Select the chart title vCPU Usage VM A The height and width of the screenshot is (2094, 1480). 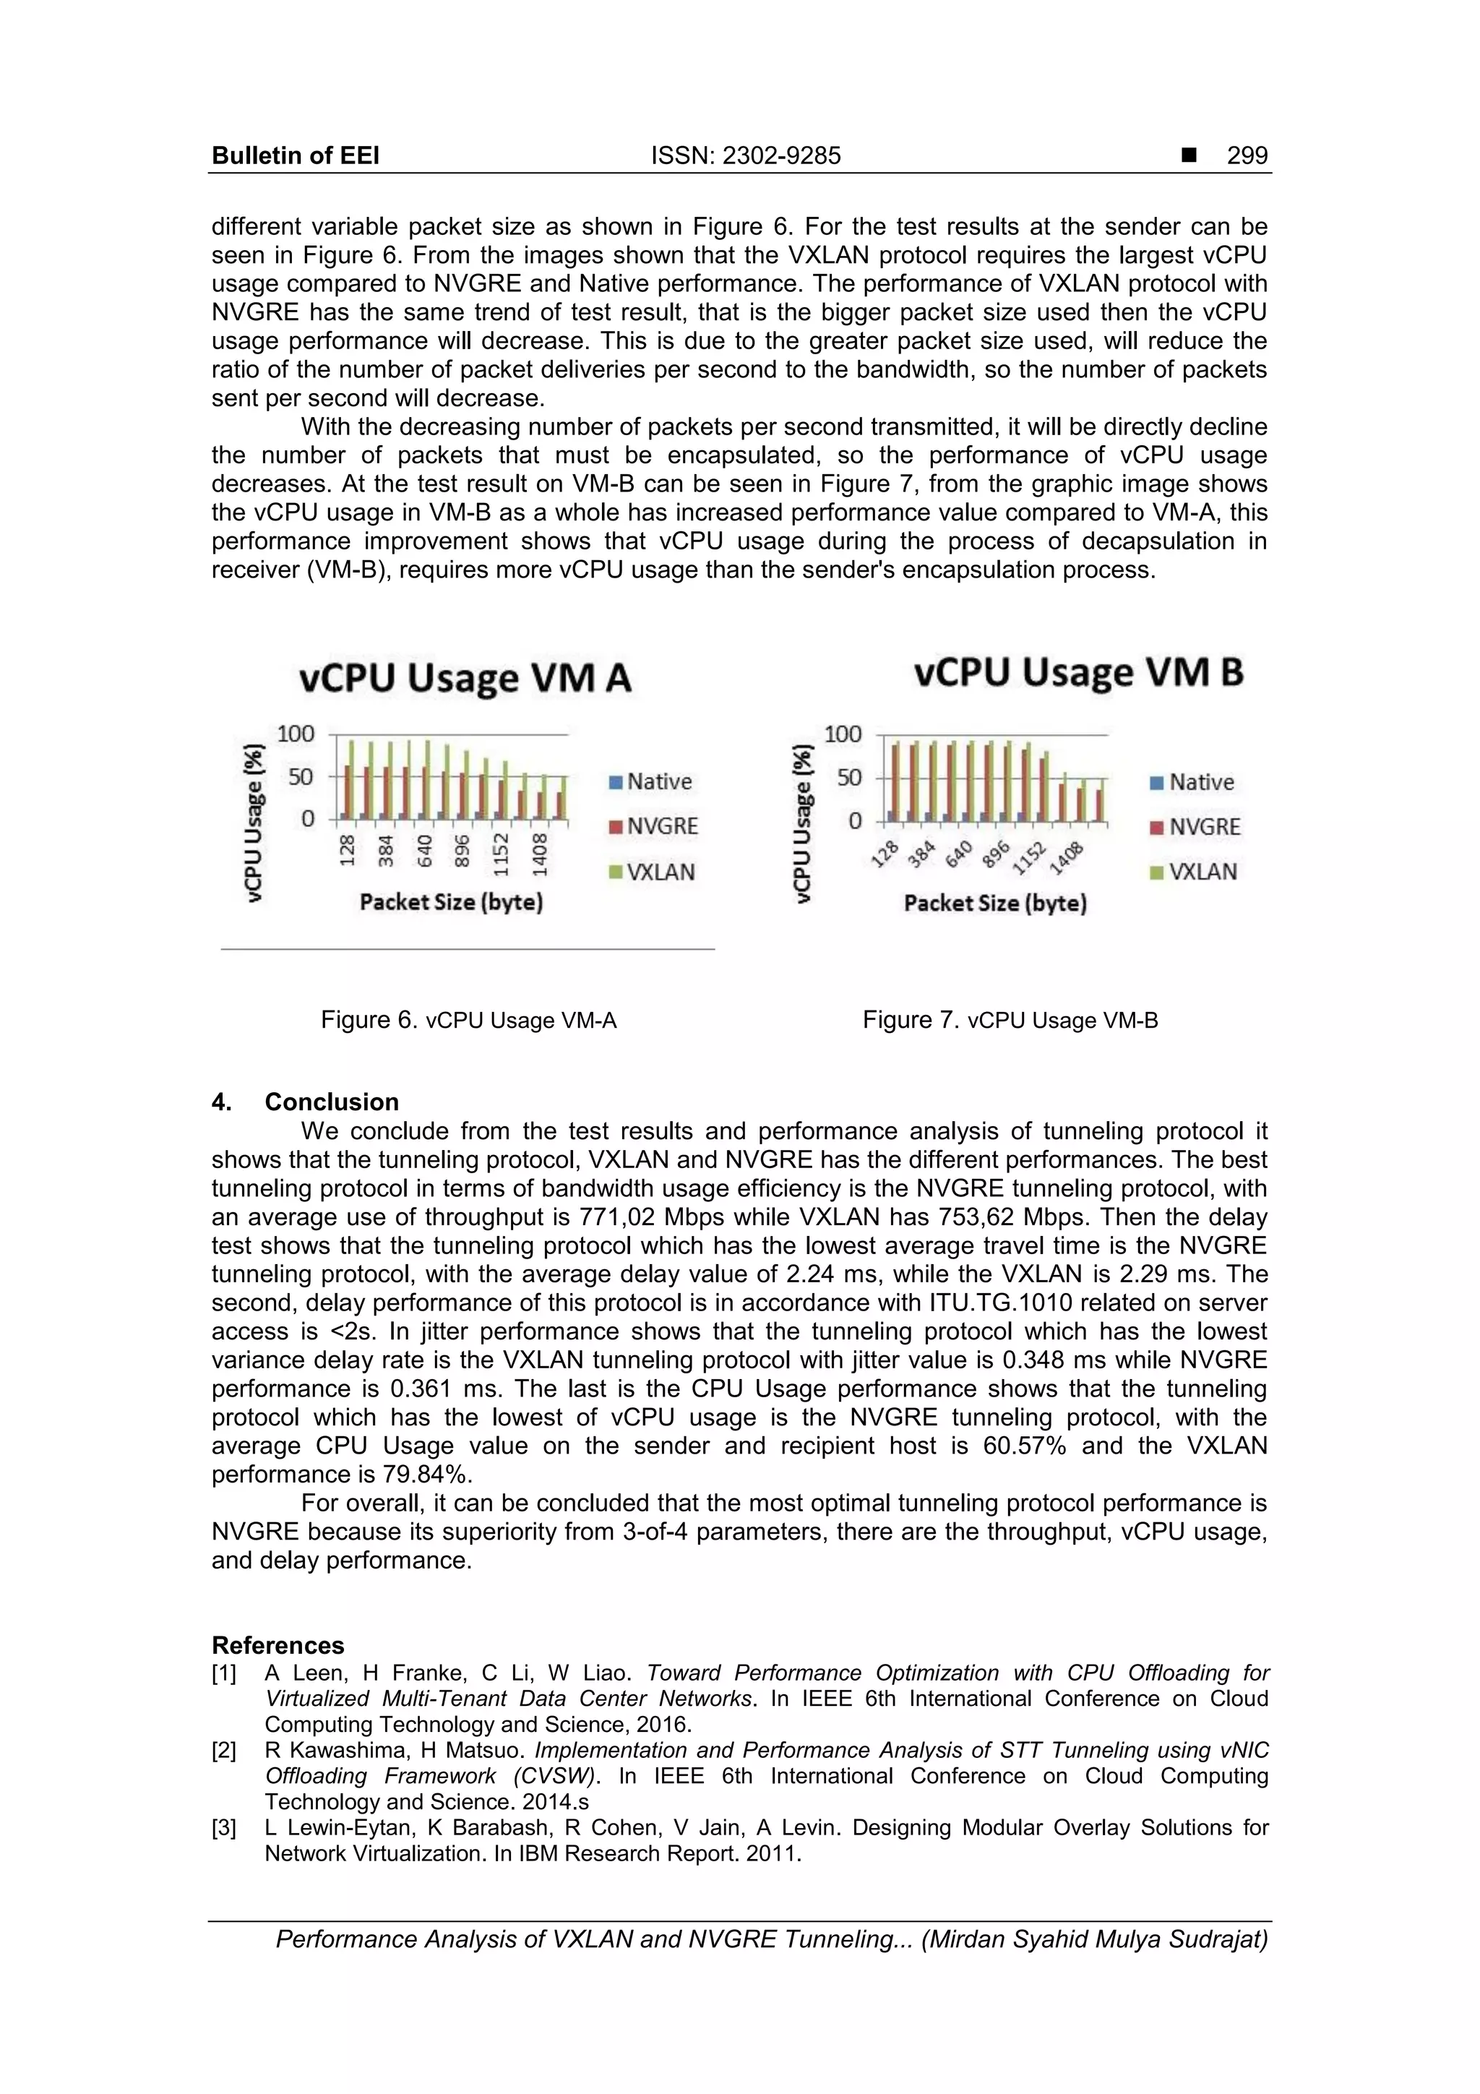point(465,679)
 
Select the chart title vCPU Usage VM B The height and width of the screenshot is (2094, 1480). point(1078,673)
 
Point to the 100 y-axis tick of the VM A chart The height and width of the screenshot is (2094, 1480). point(295,734)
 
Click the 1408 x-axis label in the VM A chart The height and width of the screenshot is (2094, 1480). point(541,854)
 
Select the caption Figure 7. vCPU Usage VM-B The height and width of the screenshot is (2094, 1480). point(1010,1020)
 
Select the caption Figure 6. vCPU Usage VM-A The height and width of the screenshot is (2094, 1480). point(469,1020)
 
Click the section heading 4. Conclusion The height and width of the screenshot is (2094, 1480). point(306,1102)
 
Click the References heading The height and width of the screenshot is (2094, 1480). point(277,1645)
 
